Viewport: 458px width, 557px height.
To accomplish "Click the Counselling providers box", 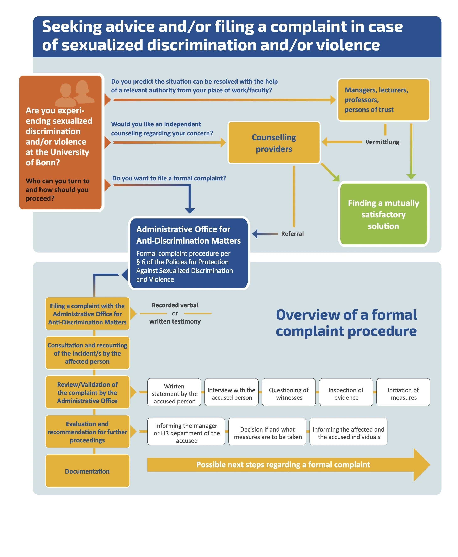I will click(274, 143).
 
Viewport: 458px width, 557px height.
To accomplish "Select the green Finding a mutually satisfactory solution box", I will click(383, 214).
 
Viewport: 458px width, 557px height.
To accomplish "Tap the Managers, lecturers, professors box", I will click(383, 100).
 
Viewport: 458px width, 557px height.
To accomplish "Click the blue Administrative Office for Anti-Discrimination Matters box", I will click(189, 254).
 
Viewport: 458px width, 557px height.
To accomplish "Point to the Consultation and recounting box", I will click(87, 353).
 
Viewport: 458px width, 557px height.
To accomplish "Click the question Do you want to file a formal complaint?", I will click(169, 178).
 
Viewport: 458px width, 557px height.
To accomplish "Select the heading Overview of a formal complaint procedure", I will click(346, 323).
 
